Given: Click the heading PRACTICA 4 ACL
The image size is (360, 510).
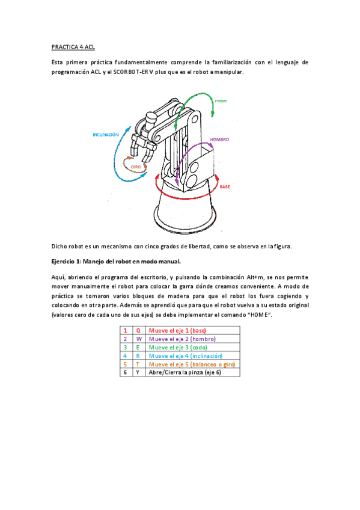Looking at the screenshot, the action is pos(73,47).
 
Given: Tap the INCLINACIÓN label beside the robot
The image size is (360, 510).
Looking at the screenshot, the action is pos(106,135).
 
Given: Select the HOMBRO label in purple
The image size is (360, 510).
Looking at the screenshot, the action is pos(219,140).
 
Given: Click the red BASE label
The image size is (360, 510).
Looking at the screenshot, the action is pos(225,186).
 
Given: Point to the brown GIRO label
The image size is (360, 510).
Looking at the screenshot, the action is pos(135,167).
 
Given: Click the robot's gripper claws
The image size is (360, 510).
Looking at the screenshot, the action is pos(143,148).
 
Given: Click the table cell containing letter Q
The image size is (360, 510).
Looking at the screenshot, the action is pos(138,330).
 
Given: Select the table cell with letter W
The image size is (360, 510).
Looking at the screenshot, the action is pos(139,339).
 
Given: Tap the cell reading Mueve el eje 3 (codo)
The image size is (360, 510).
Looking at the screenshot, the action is pos(192,348).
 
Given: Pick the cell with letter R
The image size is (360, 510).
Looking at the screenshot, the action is pos(138,356).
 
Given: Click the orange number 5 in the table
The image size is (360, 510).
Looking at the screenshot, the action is pos(125,364).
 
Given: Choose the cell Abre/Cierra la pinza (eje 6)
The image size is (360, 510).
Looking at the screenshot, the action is pos(192,372).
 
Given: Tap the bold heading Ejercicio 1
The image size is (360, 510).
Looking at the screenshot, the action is pos(66,262).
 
